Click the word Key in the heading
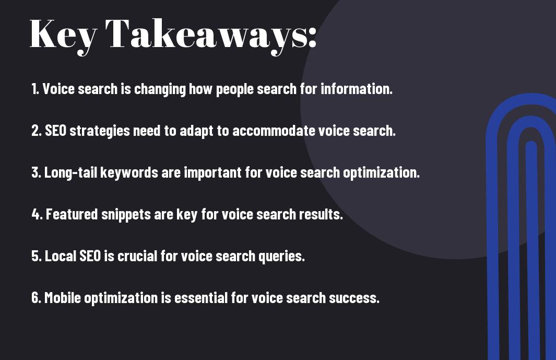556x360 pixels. pos(64,35)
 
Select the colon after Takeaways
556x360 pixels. pos(312,37)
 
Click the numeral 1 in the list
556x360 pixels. pos(34,89)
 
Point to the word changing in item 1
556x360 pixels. pos(160,89)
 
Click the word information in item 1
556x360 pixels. pos(357,89)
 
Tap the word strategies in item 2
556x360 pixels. pos(100,131)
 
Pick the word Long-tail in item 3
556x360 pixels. pos(70,173)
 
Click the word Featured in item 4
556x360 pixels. pos(72,214)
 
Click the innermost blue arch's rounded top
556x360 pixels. pos(531,145)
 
